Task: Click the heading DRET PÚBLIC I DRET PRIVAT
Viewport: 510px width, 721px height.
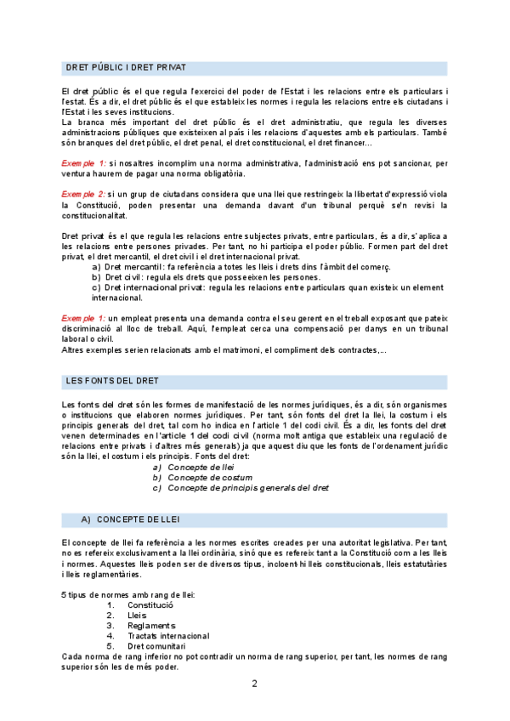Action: pos(127,67)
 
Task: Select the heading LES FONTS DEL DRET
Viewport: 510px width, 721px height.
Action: pos(111,380)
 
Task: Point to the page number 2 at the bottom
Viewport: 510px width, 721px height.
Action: pos(254,684)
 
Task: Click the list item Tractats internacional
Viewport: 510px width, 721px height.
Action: pos(168,635)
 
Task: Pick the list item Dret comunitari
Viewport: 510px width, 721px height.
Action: pos(156,645)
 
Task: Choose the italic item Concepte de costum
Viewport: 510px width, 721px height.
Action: pos(210,478)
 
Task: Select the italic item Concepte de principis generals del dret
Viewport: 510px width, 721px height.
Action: pos(248,488)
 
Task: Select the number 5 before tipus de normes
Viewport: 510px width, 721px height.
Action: pos(65,594)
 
